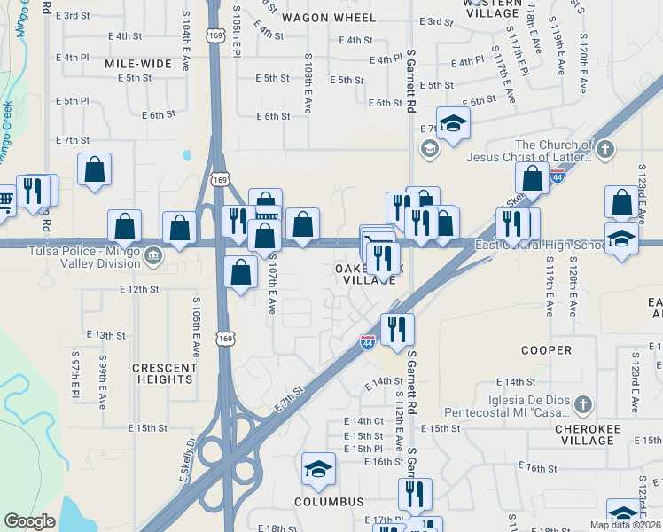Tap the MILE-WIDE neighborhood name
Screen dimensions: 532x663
point(137,64)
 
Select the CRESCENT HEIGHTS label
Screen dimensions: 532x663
point(164,373)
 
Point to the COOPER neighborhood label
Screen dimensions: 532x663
point(546,350)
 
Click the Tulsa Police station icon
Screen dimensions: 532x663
point(152,256)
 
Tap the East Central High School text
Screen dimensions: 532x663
point(542,246)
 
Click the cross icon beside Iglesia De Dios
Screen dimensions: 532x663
point(581,405)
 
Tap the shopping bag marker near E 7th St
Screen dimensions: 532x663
point(95,169)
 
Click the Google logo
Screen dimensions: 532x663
point(29,520)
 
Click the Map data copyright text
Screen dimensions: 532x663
point(625,525)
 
